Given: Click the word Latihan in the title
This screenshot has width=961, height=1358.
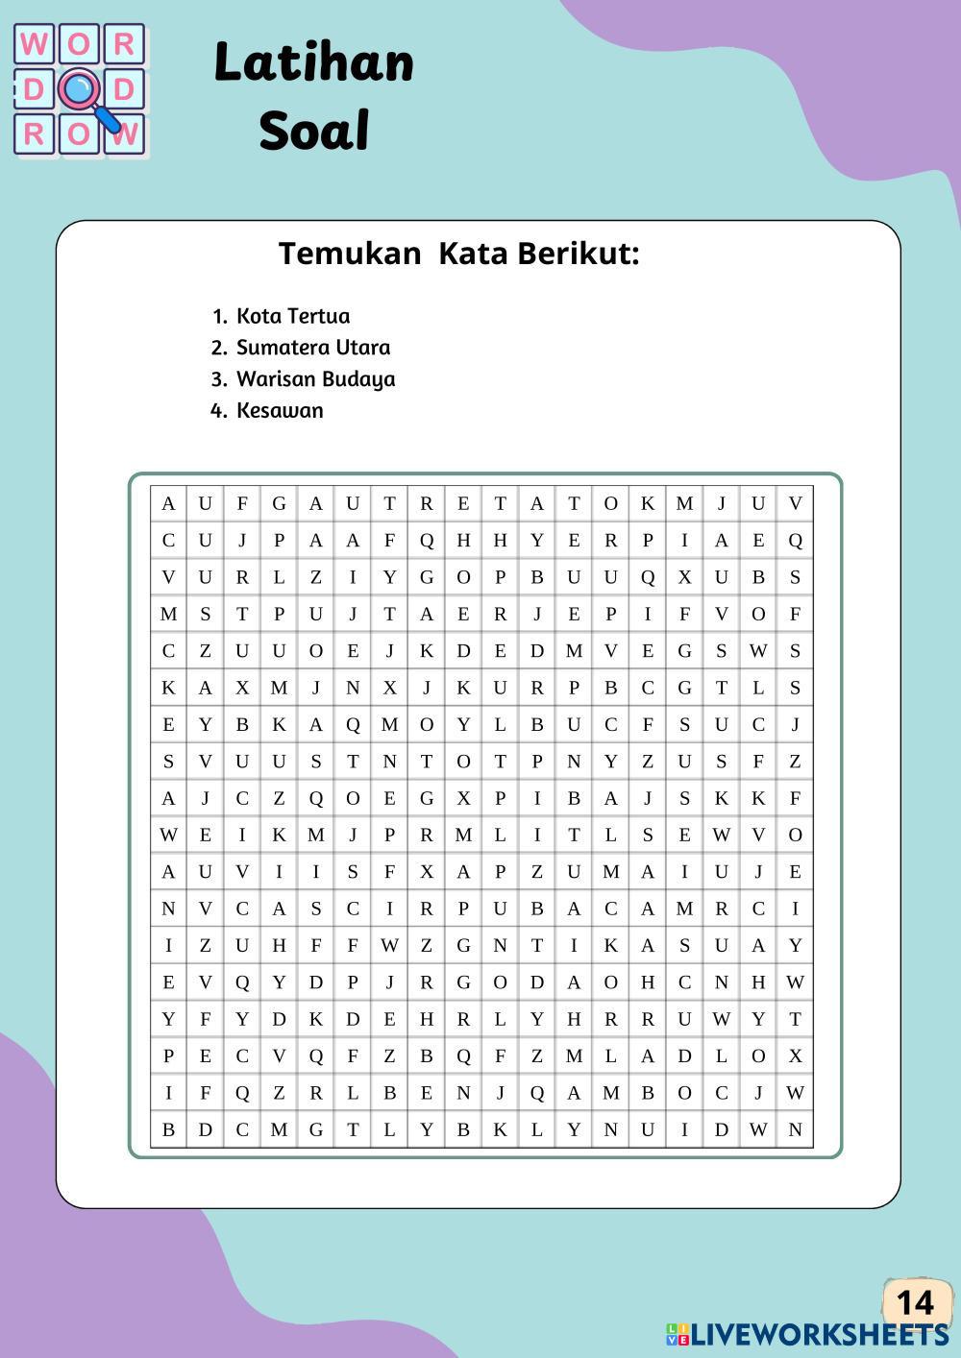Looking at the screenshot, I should click(313, 63).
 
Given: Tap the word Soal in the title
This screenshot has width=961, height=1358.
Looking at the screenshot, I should click(313, 131).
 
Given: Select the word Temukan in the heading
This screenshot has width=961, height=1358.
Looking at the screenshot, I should click(350, 254).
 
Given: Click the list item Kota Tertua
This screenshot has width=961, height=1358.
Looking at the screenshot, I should click(293, 316).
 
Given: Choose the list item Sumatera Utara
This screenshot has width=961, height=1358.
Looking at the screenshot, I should click(313, 348).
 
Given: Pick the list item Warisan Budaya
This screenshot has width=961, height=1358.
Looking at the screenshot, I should click(316, 379).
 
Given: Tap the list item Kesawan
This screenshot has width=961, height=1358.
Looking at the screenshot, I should click(280, 411).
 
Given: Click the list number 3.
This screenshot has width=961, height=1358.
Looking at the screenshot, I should click(218, 379).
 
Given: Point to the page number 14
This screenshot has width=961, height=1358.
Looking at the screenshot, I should click(915, 1302).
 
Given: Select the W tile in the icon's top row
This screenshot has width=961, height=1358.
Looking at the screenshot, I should click(35, 44).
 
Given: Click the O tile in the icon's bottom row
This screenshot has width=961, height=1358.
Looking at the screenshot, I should click(79, 134).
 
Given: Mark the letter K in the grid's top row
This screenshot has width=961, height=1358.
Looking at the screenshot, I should click(648, 503).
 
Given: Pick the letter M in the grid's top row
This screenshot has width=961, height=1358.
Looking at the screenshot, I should click(684, 503).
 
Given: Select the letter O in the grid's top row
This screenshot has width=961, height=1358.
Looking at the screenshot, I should click(610, 503).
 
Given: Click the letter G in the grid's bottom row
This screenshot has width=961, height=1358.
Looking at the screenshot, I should click(315, 1129).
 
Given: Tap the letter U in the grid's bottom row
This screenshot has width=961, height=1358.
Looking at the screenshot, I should click(648, 1129).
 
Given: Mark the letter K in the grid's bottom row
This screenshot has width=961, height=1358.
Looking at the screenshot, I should click(500, 1129).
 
